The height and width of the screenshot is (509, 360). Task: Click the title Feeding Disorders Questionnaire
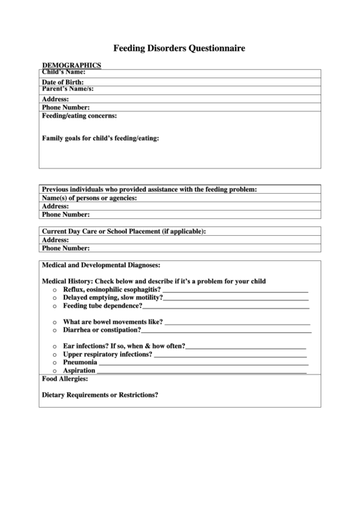point(179,49)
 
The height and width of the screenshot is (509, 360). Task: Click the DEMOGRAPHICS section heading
point(71,65)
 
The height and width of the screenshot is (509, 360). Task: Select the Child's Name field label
point(64,72)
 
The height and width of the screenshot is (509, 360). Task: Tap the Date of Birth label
point(68,82)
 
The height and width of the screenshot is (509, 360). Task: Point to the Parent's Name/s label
point(68,89)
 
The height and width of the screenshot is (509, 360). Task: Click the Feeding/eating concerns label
point(84,116)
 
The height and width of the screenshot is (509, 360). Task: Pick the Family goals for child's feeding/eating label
point(101,139)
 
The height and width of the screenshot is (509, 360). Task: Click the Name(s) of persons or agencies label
point(90,198)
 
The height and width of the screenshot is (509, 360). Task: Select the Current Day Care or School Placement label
point(124,231)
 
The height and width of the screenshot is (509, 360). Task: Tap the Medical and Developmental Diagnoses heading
point(101,265)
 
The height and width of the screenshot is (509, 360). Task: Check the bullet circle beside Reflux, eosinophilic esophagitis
point(54,289)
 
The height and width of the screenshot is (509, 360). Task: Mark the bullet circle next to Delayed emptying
point(54,298)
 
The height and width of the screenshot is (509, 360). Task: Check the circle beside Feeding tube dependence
point(54,306)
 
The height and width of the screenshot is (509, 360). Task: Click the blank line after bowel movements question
point(237,323)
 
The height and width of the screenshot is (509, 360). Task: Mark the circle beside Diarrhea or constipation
point(54,330)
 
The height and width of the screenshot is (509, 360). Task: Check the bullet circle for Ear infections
point(54,346)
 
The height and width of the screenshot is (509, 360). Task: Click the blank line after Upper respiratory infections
point(230,355)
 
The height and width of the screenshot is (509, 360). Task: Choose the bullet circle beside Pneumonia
point(54,363)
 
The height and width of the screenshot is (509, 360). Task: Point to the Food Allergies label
point(65,379)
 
